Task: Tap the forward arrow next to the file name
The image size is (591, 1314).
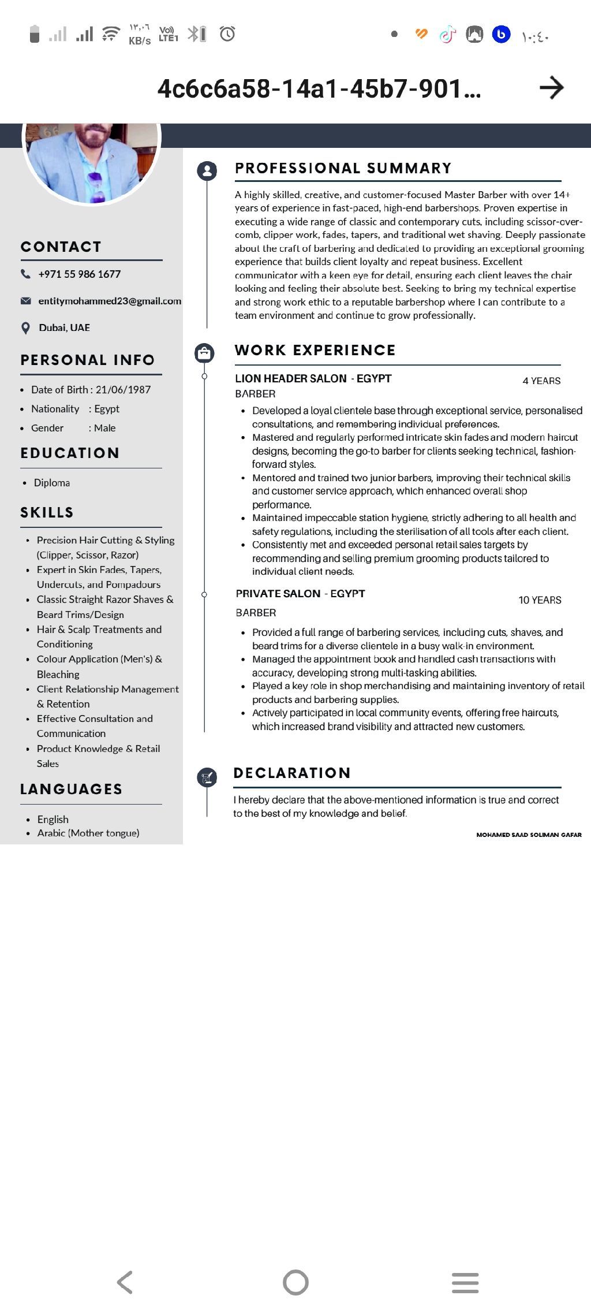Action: pyautogui.click(x=551, y=88)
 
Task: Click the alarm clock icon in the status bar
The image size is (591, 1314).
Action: pyautogui.click(x=227, y=34)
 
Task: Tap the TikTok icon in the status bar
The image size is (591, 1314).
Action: pyautogui.click(x=447, y=35)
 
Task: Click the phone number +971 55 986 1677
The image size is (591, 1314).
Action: pyautogui.click(x=80, y=274)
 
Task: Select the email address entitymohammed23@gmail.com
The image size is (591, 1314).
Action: pyautogui.click(x=110, y=301)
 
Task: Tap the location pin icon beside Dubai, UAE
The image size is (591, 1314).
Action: pyautogui.click(x=25, y=328)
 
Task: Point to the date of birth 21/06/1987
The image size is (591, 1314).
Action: pyautogui.click(x=123, y=390)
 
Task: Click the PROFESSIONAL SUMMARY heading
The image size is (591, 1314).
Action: pyautogui.click(x=343, y=168)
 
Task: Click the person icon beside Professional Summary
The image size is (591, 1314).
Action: pyautogui.click(x=207, y=170)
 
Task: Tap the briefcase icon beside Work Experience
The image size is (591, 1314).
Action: pyautogui.click(x=204, y=352)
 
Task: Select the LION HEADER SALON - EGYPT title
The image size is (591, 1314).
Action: pyautogui.click(x=313, y=379)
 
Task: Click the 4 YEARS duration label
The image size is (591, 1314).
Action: pyautogui.click(x=541, y=381)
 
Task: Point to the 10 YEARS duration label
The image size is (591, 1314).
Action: pyautogui.click(x=540, y=600)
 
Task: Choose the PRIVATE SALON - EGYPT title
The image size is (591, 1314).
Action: pyautogui.click(x=300, y=594)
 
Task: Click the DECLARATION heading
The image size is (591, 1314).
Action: pyautogui.click(x=292, y=773)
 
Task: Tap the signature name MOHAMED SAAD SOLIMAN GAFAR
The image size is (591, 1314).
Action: pyautogui.click(x=529, y=835)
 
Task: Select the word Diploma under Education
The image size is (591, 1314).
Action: pyautogui.click(x=52, y=483)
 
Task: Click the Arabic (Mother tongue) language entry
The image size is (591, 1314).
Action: pyautogui.click(x=88, y=833)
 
